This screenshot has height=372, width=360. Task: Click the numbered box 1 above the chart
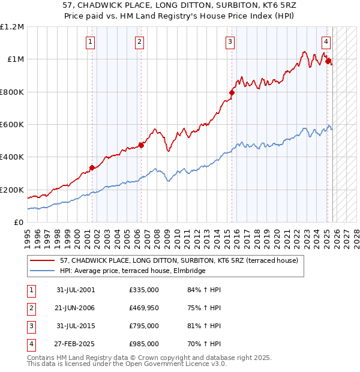[90, 42]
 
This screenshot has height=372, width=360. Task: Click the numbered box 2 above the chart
[139, 42]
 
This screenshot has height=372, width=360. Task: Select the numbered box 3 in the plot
[230, 42]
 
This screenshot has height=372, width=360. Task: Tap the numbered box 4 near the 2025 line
[326, 42]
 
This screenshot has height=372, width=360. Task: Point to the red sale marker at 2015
[232, 92]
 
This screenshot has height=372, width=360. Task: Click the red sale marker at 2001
[92, 168]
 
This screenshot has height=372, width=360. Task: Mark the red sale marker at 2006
[141, 145]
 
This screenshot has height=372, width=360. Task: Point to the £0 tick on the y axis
[19, 222]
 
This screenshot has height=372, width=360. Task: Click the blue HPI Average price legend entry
[133, 271]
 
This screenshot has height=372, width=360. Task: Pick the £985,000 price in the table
[144, 344]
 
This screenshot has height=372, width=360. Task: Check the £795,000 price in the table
[144, 326]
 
